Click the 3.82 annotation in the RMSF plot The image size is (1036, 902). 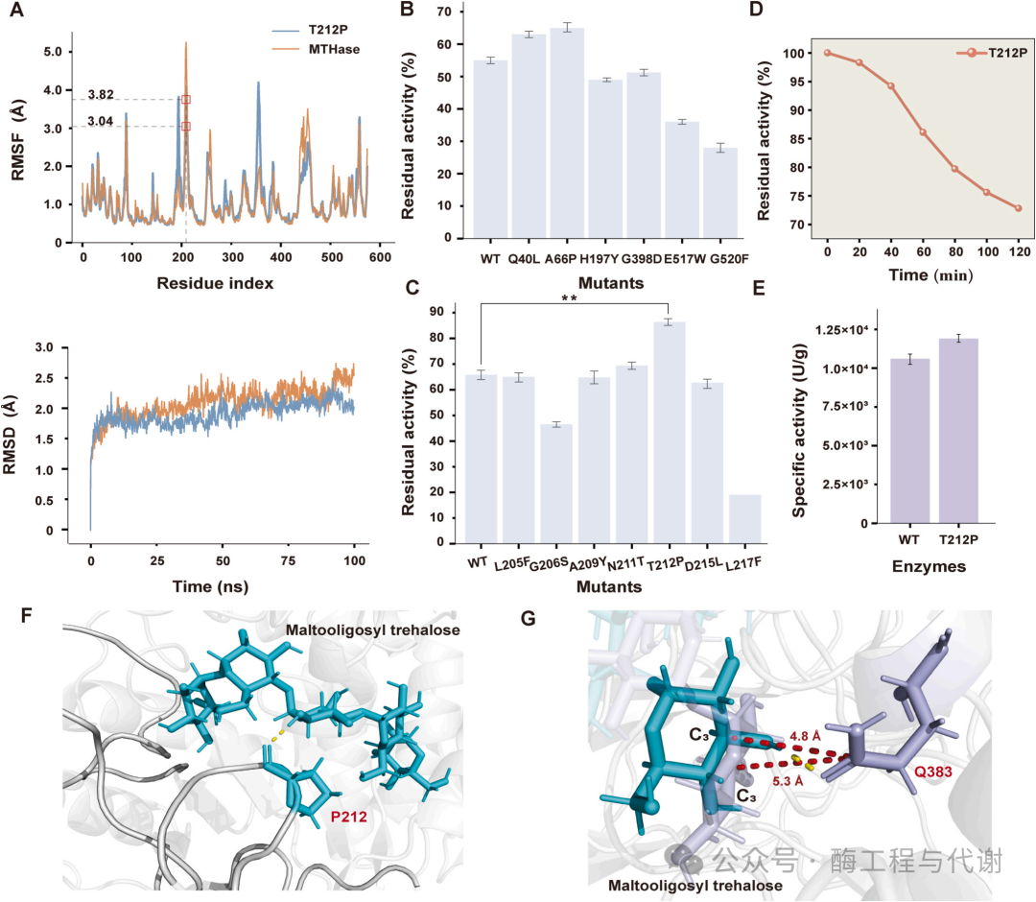point(101,94)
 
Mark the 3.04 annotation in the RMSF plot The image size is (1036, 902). point(101,122)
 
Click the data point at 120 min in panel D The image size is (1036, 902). point(1018,208)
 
